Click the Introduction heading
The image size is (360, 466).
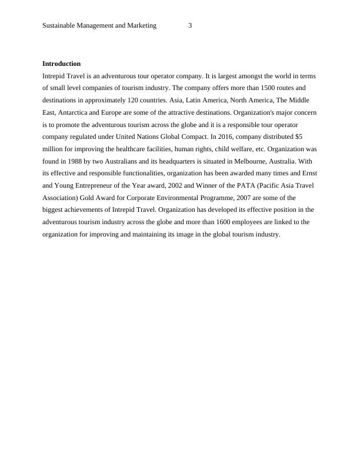pyautogui.click(x=61, y=64)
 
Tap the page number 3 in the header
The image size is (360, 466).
pyautogui.click(x=190, y=25)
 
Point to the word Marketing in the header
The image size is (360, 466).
pyautogui.click(x=142, y=25)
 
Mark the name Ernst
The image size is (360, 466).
pyautogui.click(x=309, y=174)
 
